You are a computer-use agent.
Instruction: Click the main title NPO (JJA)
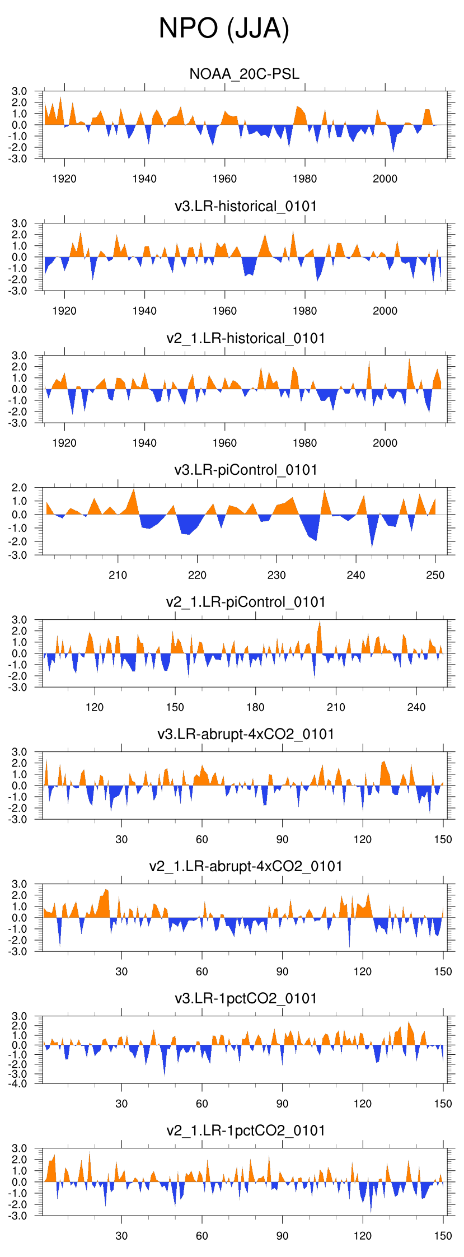click(224, 28)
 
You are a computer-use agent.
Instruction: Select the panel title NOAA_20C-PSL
click(245, 74)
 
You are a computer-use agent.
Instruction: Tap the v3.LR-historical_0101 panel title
click(246, 206)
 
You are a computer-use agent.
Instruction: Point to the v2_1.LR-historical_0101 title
click(246, 338)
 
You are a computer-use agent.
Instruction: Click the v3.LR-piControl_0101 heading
click(246, 470)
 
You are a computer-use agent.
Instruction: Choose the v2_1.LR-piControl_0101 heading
click(246, 602)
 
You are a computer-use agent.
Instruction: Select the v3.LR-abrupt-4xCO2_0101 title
click(246, 734)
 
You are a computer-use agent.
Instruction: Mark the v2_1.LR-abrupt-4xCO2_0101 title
click(246, 866)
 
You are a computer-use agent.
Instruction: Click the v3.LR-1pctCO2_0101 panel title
click(246, 998)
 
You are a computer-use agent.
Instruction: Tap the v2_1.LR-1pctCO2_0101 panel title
click(246, 1130)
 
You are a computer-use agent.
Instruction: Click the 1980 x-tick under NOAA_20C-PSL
click(304, 179)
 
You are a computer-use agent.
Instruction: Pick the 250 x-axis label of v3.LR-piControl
click(435, 575)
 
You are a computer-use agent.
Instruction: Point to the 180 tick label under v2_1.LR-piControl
click(255, 707)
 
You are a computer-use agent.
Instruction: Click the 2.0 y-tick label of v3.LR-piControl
click(20, 488)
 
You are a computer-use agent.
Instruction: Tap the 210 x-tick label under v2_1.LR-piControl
click(336, 707)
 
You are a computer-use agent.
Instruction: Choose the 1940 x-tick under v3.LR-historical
click(144, 311)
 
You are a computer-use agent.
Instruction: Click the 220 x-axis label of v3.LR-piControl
click(197, 575)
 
